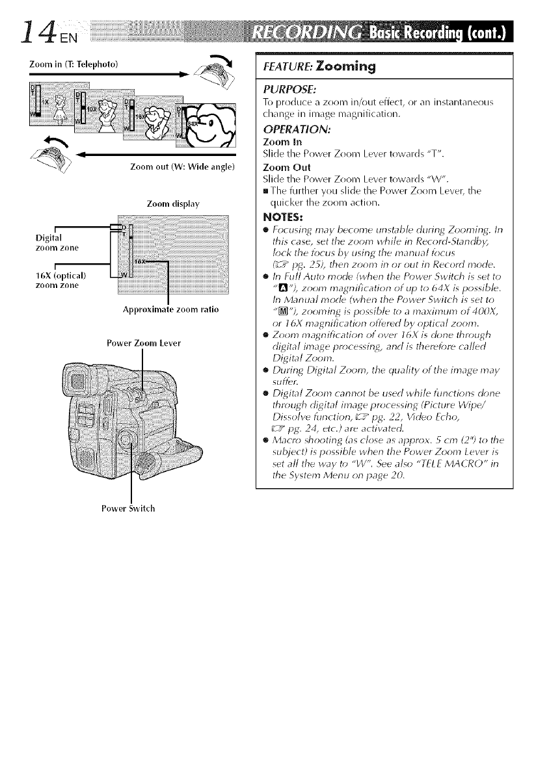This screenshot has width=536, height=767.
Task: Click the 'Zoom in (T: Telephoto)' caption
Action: [72, 64]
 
